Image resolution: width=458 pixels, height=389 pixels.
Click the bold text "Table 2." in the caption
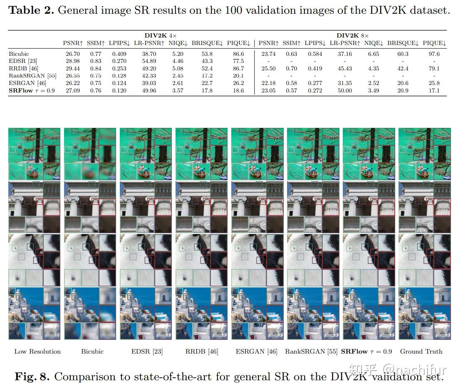tap(31, 11)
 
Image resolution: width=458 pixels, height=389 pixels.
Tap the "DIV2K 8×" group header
tap(352, 36)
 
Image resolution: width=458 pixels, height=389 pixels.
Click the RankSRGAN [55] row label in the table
tap(32, 76)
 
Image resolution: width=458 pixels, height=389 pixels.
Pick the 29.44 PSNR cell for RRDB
tap(72, 68)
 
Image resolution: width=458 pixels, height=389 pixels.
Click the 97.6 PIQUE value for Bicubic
tap(434, 54)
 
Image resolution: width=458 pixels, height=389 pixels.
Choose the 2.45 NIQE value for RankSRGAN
tap(178, 76)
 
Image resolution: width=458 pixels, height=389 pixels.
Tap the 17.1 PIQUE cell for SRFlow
tap(434, 90)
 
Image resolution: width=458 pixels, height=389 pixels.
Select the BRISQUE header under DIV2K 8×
tap(403, 43)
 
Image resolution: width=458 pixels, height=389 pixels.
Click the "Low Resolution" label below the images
tap(37, 352)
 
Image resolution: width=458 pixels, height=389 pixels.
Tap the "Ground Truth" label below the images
tap(421, 352)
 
